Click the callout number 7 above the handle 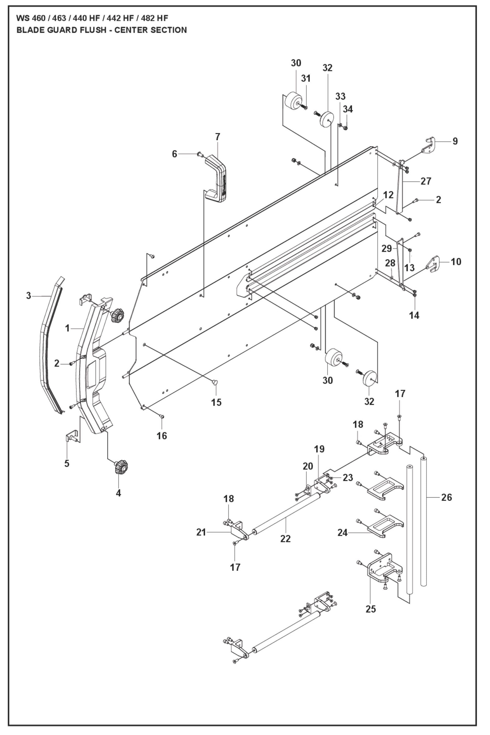point(217,137)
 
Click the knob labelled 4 point(121,467)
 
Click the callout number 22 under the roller point(285,539)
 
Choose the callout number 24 point(343,532)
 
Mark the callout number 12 point(388,195)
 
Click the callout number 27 point(426,181)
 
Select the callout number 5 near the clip point(67,463)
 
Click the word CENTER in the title point(129,30)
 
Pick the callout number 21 point(201,532)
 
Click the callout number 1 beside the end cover point(67,328)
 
